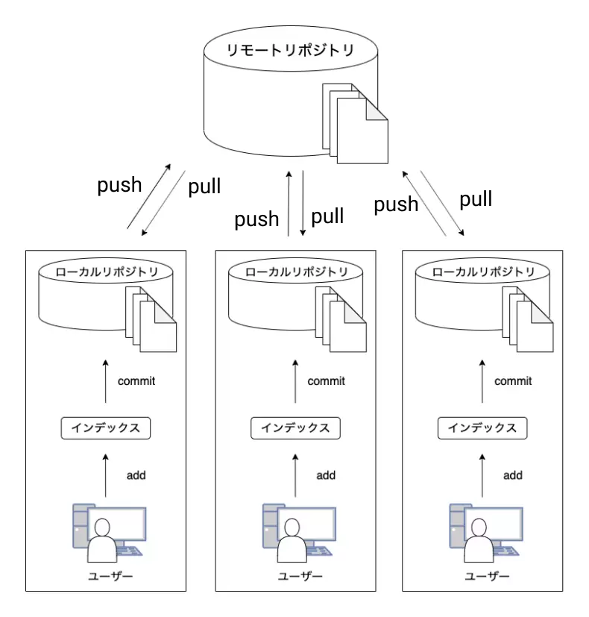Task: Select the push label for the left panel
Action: tap(119, 185)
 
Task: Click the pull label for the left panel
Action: tap(204, 186)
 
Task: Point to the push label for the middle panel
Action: tap(256, 219)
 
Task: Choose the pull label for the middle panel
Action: tap(327, 216)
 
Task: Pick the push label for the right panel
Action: tap(396, 204)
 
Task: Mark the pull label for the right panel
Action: tap(476, 199)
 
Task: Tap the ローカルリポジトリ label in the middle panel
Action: tap(295, 272)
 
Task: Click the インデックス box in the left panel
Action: tap(105, 428)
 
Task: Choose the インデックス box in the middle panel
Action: tap(295, 428)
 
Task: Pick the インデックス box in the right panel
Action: tap(482, 428)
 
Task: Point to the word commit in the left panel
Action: tap(136, 381)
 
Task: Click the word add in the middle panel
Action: tap(326, 475)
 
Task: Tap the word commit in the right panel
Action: tap(513, 381)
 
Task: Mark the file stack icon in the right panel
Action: tap(532, 322)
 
